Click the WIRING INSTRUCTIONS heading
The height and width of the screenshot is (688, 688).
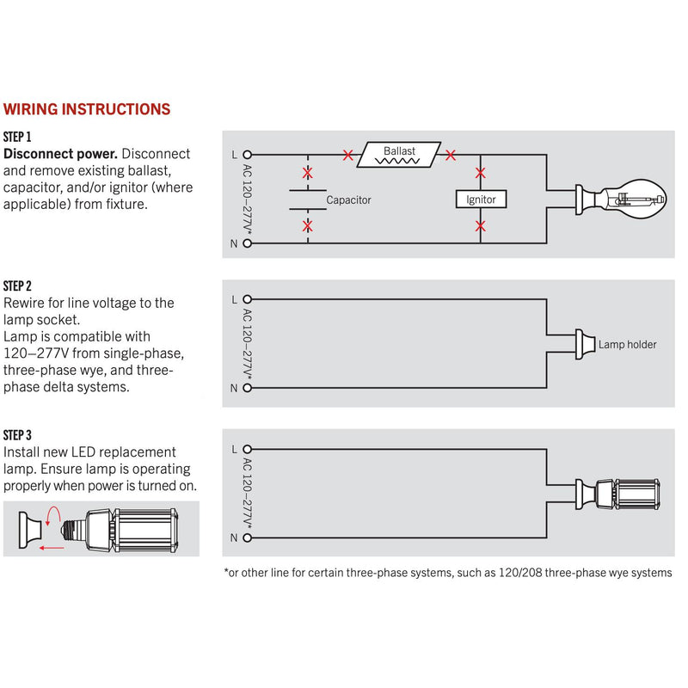point(87,109)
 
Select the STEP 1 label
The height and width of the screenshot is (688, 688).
point(17,137)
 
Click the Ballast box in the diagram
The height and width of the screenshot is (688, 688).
point(400,155)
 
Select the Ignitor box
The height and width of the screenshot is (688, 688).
point(481,200)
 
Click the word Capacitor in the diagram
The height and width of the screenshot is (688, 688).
point(348,200)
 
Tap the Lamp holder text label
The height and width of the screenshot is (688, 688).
point(627,344)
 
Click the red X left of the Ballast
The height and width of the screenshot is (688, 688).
point(347,156)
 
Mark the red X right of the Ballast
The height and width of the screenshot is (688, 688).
point(450,156)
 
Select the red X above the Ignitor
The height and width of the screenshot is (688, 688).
point(481,174)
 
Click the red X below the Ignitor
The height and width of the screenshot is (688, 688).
point(481,226)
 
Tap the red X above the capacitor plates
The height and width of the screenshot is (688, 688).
point(308,170)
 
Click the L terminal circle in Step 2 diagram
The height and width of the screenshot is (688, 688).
point(248,300)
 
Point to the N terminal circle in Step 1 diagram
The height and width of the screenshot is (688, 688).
point(248,243)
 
